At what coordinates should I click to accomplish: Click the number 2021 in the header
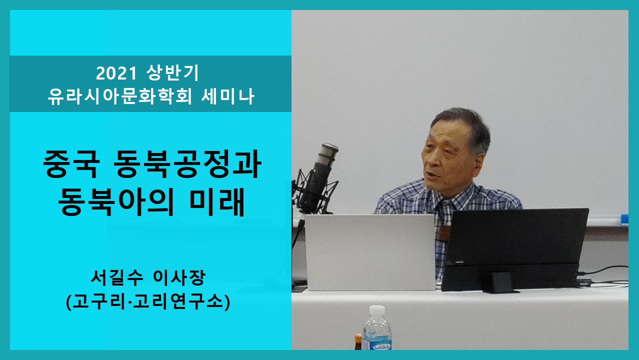tap(116, 73)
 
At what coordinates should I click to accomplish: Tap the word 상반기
tap(172, 73)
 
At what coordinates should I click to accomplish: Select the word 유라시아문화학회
tap(119, 96)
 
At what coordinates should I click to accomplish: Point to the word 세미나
tap(227, 96)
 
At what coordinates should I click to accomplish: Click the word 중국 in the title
tap(71, 164)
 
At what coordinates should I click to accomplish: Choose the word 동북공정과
tap(187, 164)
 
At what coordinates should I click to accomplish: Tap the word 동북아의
tap(116, 201)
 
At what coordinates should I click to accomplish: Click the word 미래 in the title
tap(217, 201)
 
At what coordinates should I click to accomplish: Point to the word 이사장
tap(179, 278)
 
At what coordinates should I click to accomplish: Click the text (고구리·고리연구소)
tap(148, 302)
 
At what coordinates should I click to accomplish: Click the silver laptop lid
tap(370, 252)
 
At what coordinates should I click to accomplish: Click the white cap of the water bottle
tap(377, 310)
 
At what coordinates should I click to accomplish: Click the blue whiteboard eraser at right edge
tap(624, 219)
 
